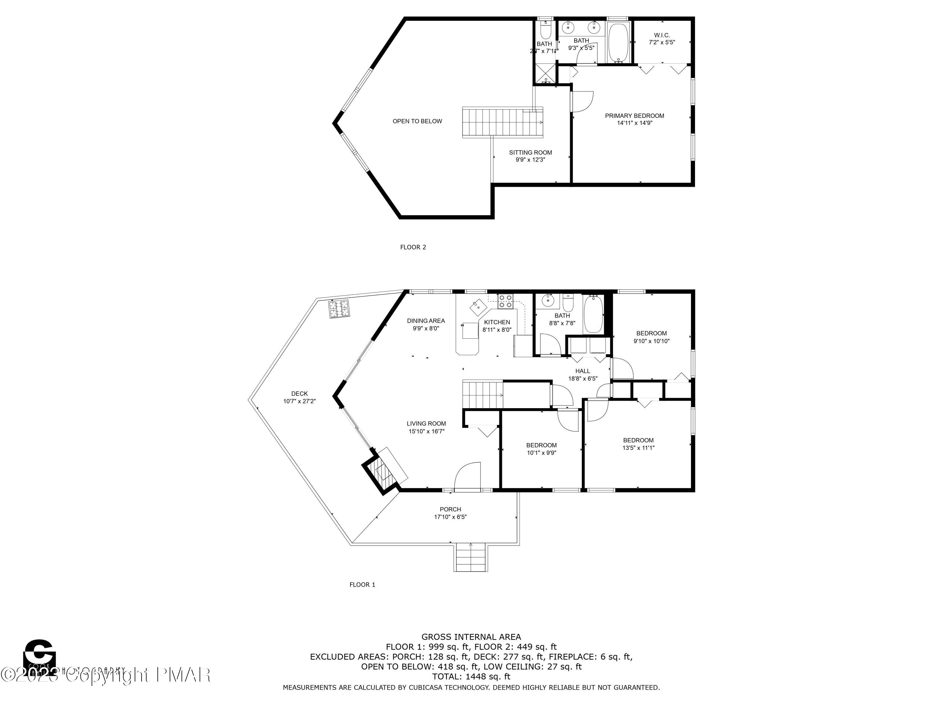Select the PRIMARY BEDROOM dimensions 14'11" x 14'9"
[634, 123]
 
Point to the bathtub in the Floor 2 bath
[618, 43]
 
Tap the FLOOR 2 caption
[413, 247]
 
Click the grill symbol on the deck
[339, 309]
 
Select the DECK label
[299, 394]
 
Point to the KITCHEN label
[497, 322]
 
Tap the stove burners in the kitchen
[505, 301]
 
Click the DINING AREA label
[426, 321]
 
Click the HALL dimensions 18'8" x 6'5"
[582, 378]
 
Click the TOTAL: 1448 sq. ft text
[471, 676]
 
